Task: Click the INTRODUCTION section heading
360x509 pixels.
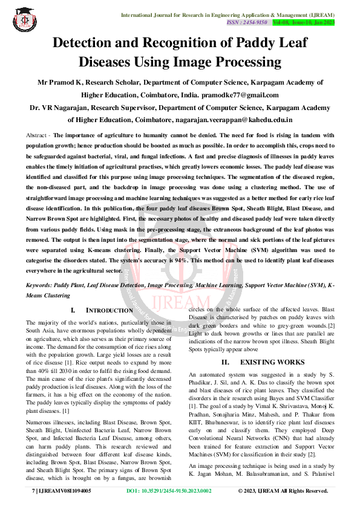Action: (x=109, y=310)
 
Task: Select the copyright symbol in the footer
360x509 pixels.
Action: (x=240, y=491)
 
